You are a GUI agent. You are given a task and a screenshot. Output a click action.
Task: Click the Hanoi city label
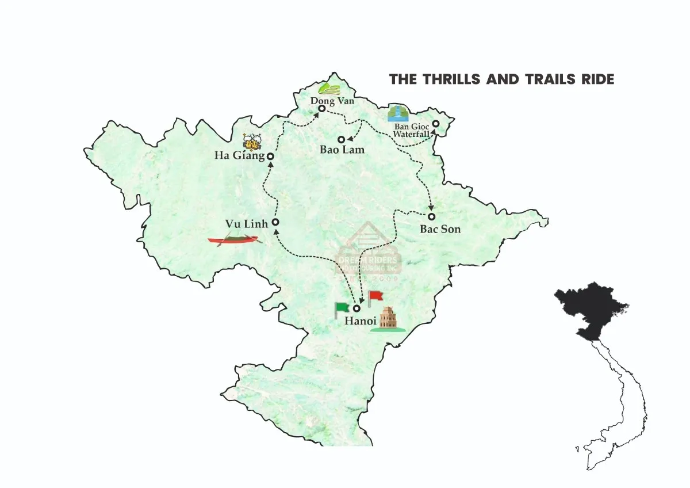[360, 321]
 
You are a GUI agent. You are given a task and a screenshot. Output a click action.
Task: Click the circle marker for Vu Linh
[275, 222]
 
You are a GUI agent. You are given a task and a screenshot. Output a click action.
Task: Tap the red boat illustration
[233, 239]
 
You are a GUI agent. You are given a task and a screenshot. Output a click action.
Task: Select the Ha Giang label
[239, 155]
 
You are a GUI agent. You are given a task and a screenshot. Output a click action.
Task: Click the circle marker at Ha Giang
[270, 156]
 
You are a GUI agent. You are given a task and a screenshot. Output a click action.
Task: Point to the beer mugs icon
[253, 140]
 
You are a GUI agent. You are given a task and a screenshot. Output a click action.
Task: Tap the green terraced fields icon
[329, 88]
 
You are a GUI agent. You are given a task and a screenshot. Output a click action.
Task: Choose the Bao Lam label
[342, 150]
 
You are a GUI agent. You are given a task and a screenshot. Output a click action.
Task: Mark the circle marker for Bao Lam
[341, 139]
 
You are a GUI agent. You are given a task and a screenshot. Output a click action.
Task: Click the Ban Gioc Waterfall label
[411, 130]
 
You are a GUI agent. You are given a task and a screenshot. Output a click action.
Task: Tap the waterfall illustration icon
[397, 113]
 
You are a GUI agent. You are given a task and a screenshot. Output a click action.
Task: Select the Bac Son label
[440, 229]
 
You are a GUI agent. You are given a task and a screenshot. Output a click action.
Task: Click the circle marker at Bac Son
[432, 216]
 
